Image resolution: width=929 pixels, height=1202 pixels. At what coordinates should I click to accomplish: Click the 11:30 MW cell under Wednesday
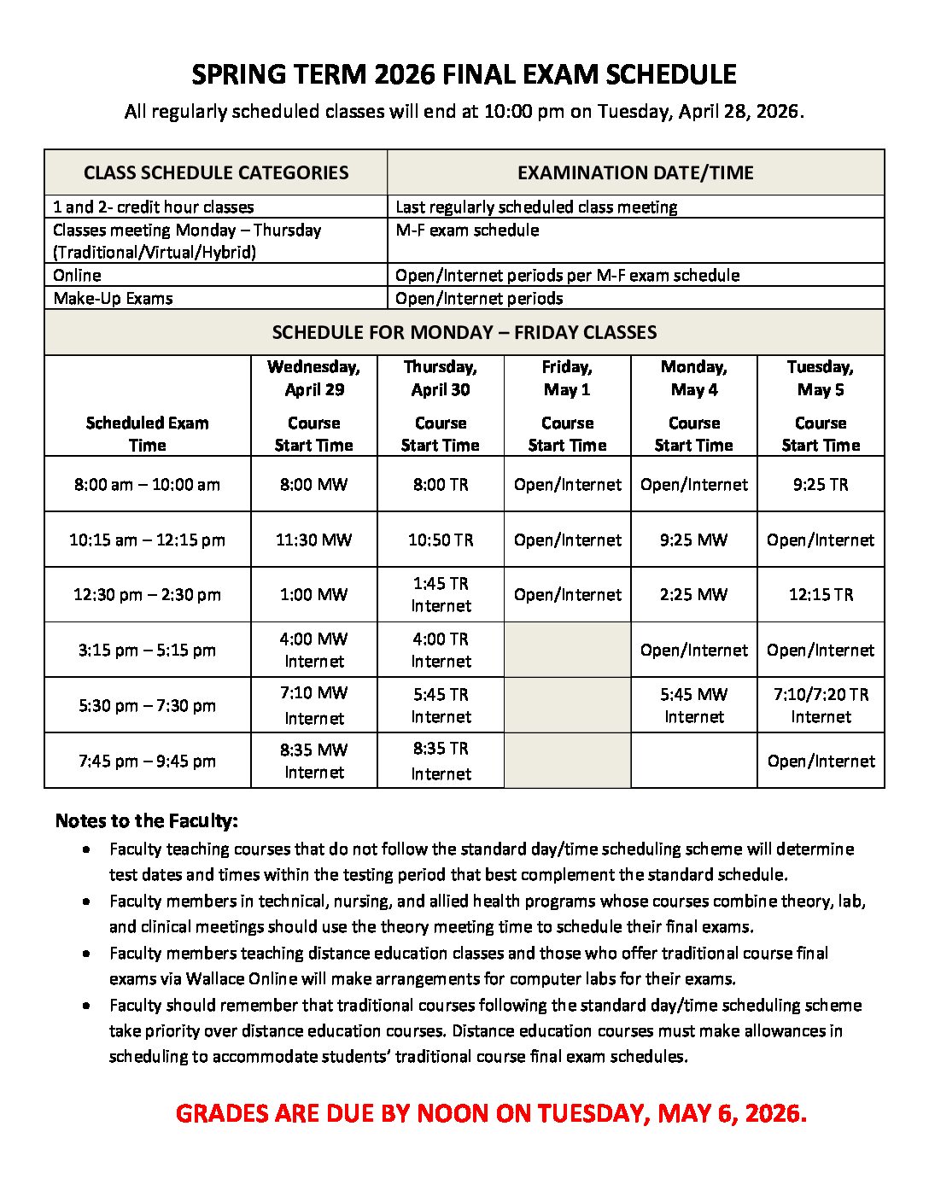point(313,540)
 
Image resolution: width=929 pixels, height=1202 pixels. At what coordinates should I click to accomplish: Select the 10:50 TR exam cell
point(441,540)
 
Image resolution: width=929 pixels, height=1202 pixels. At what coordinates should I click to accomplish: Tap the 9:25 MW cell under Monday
point(693,540)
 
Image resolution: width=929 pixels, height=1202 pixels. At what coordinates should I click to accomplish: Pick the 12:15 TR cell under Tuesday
point(821,594)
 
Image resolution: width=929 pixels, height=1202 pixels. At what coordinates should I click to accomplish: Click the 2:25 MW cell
point(693,594)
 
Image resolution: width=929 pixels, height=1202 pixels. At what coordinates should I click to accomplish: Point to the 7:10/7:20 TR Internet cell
point(821,705)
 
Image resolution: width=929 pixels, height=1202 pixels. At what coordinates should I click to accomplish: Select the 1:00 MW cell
point(313,594)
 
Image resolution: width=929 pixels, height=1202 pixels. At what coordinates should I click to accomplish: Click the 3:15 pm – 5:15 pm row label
point(147,650)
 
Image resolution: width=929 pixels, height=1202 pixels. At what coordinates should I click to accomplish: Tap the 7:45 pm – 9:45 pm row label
point(147,761)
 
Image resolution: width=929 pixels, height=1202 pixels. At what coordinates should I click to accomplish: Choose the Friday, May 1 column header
point(567,378)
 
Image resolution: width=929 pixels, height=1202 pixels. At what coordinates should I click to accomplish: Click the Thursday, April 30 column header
point(441,378)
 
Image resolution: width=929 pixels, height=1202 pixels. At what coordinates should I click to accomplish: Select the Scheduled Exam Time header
point(147,434)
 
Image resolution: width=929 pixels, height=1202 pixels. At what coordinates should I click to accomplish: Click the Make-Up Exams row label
point(113,298)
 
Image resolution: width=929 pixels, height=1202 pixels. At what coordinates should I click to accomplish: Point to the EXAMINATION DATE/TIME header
point(635,172)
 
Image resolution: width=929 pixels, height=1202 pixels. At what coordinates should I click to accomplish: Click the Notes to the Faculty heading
point(146,820)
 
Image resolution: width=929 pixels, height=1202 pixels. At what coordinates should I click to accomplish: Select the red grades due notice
point(491,1113)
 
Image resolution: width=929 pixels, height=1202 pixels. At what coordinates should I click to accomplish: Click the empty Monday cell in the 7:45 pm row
point(693,761)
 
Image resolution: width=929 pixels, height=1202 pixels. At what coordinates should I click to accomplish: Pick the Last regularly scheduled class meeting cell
point(536,207)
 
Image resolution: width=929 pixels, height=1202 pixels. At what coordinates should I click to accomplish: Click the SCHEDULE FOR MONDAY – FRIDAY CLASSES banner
point(464,332)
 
